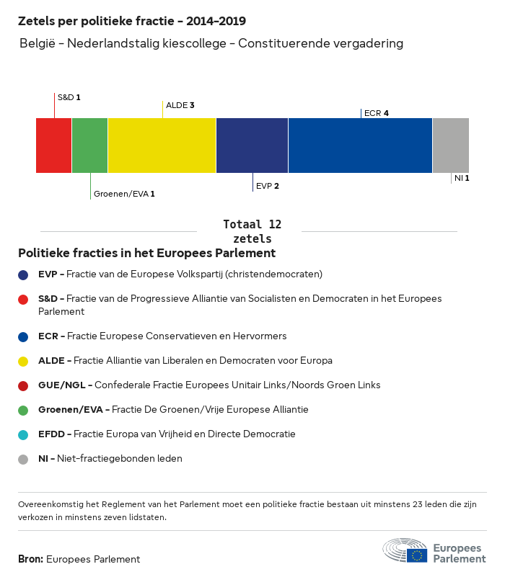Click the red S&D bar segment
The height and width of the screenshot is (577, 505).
coord(54,146)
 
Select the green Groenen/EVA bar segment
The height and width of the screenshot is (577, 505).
coord(90,146)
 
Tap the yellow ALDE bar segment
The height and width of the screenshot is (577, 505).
coord(162,146)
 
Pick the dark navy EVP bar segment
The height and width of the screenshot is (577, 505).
coord(252,146)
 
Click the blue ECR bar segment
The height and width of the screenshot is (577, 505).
coord(361,146)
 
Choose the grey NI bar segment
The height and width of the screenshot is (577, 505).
coord(451,146)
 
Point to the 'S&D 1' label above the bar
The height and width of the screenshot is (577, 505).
coord(69,97)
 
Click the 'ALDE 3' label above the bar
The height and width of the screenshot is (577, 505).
coord(180,105)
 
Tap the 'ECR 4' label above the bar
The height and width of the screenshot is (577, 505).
coord(377,113)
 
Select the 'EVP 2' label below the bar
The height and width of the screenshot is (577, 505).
coord(267,186)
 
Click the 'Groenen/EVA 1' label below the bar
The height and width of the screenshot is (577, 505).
coord(124,194)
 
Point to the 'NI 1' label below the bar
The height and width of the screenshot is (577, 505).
coord(462,178)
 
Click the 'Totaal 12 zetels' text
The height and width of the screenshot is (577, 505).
coord(252,231)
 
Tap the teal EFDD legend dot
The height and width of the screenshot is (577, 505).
coord(24,434)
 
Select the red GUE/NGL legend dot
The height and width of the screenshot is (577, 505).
coord(24,385)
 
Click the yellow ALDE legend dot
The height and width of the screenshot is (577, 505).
coord(24,361)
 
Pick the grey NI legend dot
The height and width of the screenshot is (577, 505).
coord(24,459)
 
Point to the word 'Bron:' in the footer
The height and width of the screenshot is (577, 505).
coord(30,559)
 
